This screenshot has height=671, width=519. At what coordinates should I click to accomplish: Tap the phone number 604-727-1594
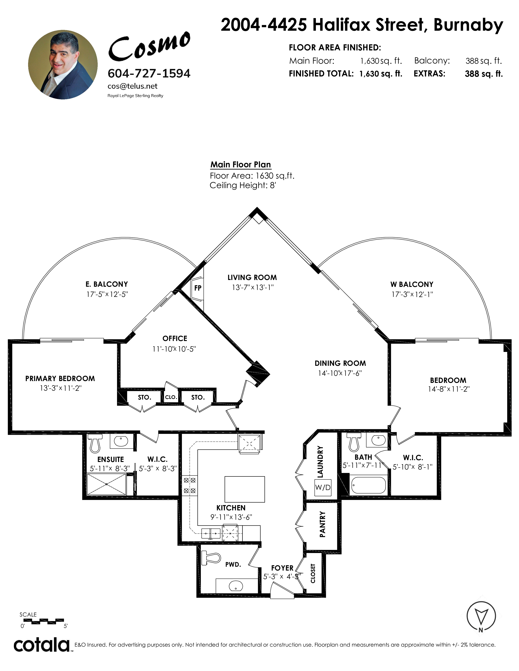(x=149, y=73)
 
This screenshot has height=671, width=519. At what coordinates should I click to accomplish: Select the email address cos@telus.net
(x=132, y=86)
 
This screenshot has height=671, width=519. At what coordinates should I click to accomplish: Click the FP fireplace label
(x=198, y=288)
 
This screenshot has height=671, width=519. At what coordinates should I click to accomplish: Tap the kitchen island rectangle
(x=245, y=489)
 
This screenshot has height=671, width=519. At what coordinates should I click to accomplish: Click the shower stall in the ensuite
(x=106, y=484)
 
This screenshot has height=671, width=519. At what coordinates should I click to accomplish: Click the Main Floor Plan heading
(x=240, y=165)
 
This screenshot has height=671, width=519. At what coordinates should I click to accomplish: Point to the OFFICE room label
(x=175, y=339)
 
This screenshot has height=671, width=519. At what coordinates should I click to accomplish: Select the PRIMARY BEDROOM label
(x=60, y=379)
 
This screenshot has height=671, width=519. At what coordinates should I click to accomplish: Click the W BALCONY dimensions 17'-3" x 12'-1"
(x=412, y=294)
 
